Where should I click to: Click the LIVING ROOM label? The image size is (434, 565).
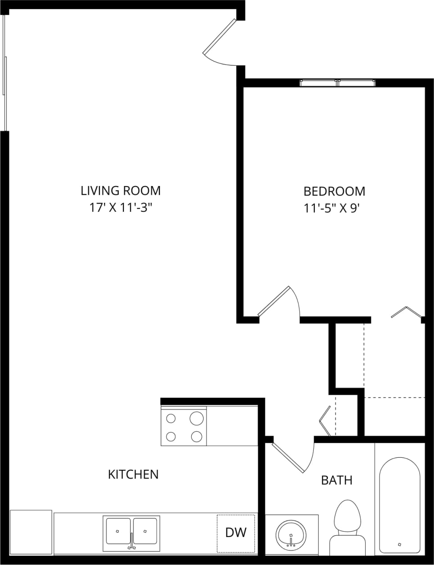tap(121, 191)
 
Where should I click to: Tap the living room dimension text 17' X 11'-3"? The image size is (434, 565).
tap(121, 208)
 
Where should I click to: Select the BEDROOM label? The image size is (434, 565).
tap(334, 191)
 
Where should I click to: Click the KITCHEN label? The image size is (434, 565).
tap(133, 474)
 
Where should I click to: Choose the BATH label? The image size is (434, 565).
tap(336, 480)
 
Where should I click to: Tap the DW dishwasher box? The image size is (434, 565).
tap(235, 533)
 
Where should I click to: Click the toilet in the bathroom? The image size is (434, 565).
tap(347, 527)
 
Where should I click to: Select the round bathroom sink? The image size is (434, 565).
tap(291, 534)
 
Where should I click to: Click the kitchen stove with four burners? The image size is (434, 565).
tap(184, 427)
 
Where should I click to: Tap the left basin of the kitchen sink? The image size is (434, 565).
tap(118, 531)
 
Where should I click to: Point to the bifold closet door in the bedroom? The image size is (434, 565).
tap(406, 312)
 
